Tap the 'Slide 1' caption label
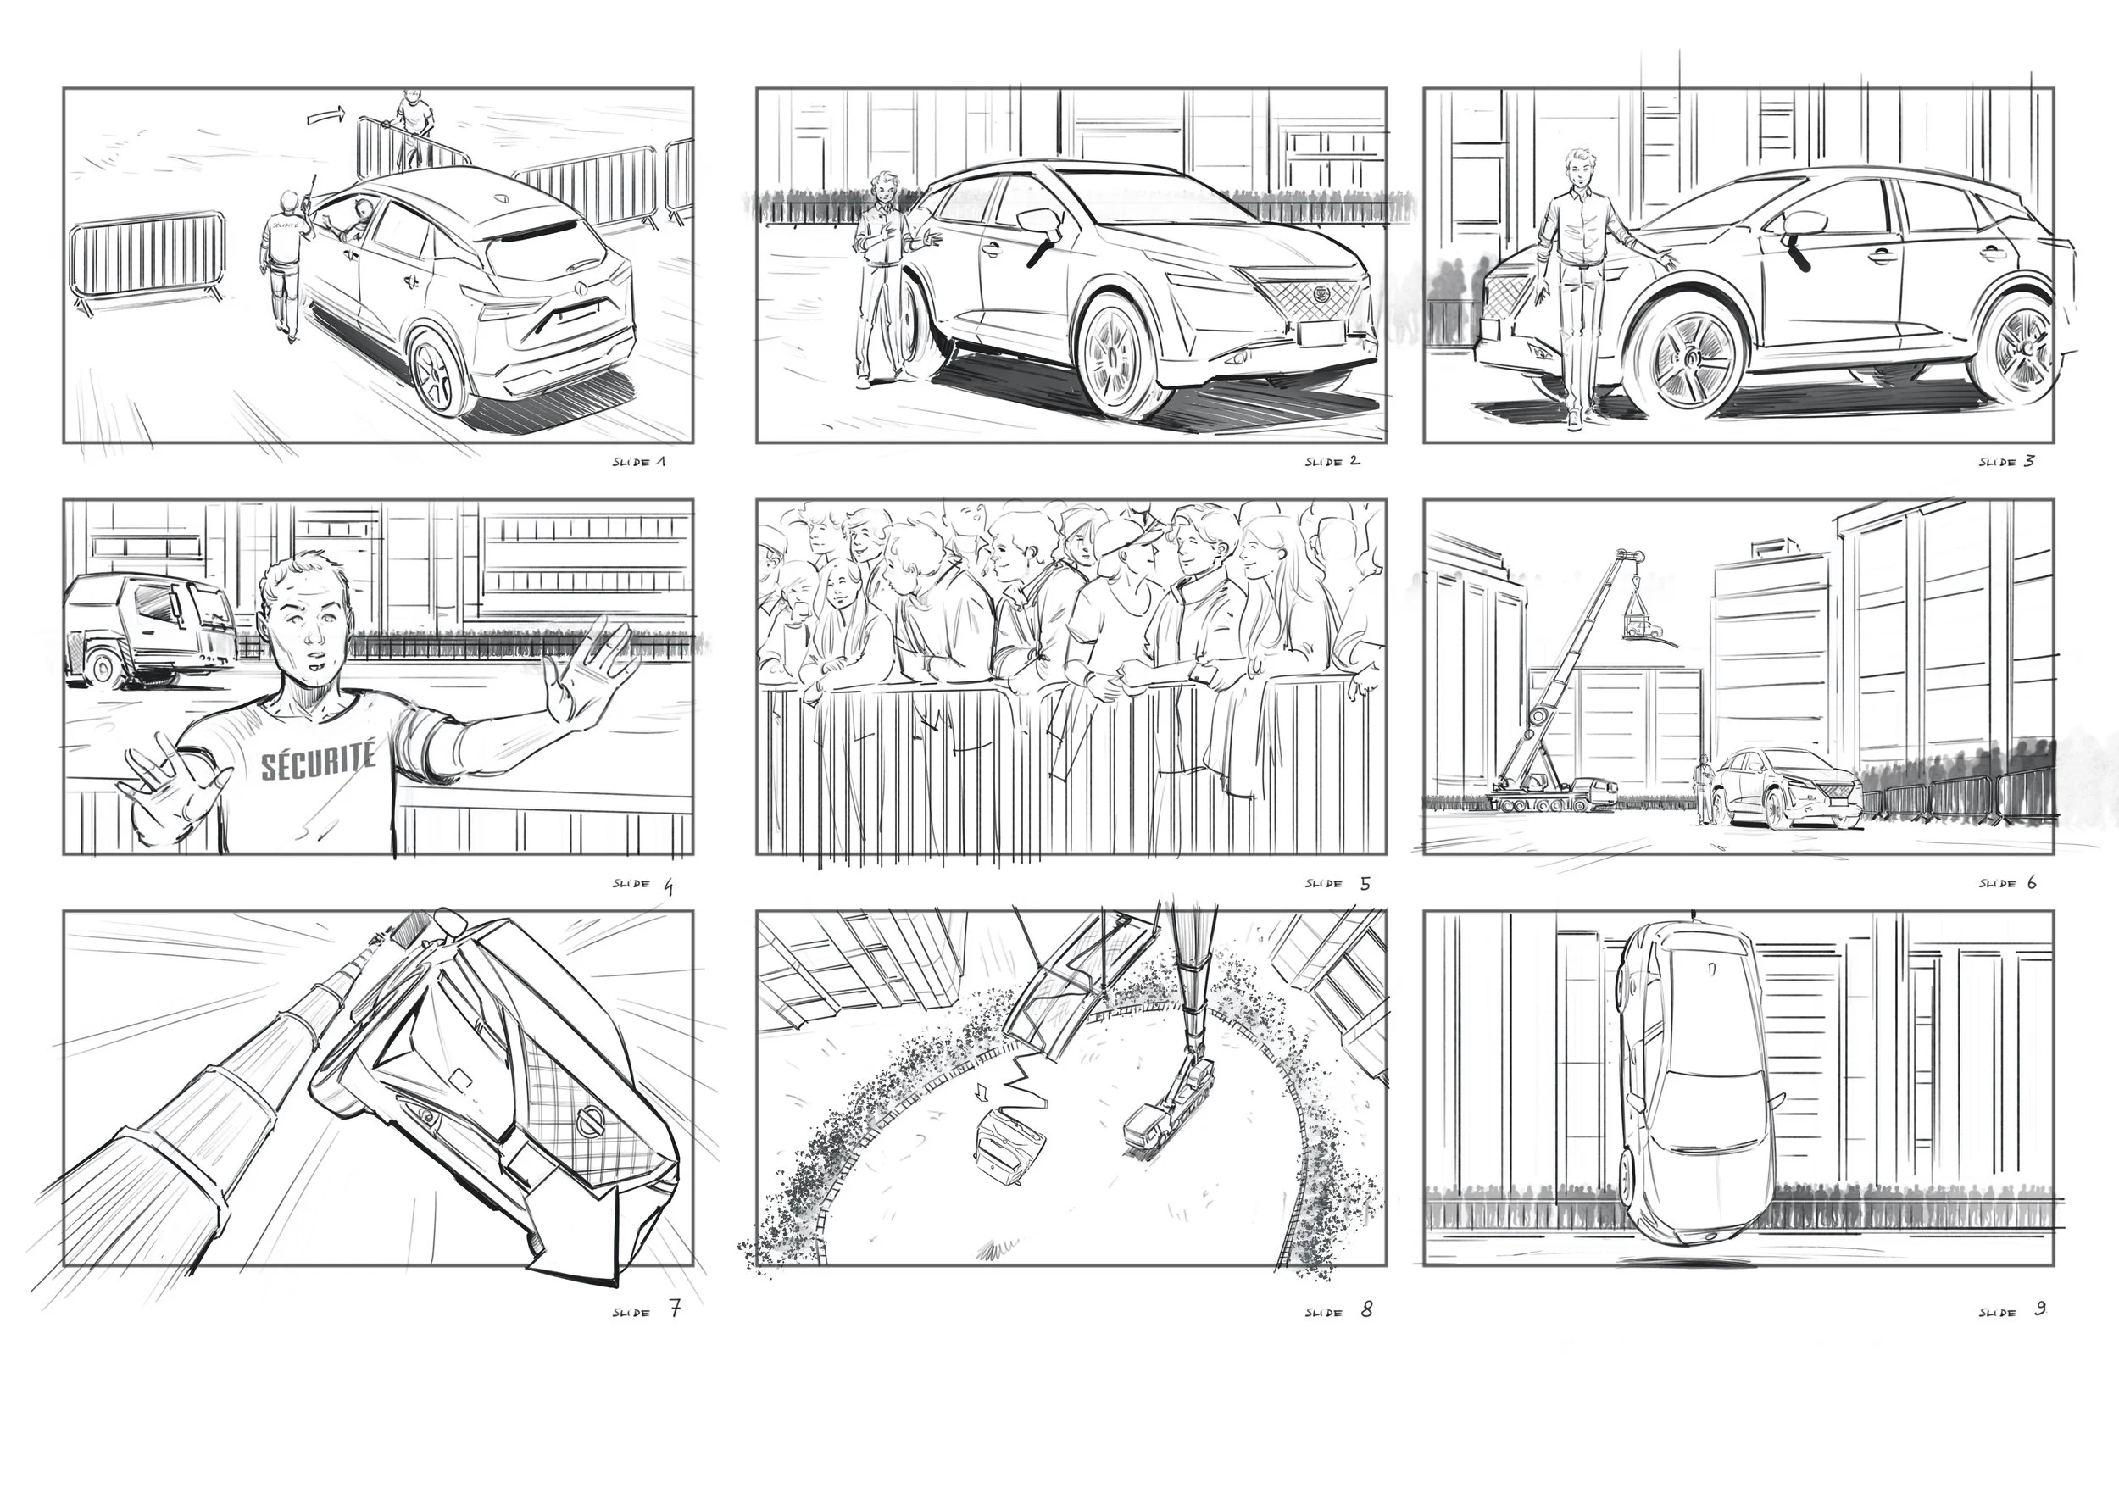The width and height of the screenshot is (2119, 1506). (x=639, y=461)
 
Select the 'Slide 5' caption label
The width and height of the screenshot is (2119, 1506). (x=1338, y=883)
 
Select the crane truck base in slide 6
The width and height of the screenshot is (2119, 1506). (x=1553, y=796)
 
